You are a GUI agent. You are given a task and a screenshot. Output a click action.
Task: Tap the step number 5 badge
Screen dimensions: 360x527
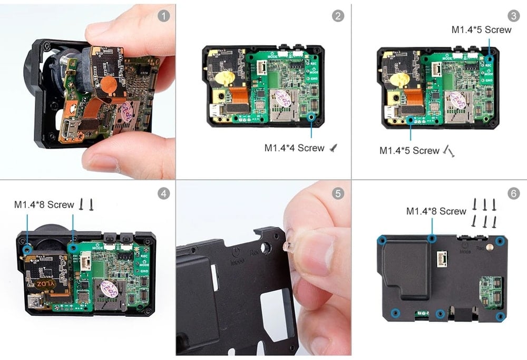338,193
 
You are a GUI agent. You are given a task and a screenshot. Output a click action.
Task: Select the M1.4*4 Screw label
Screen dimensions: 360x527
294,148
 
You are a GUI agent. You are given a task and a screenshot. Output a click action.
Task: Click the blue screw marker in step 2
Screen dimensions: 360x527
311,118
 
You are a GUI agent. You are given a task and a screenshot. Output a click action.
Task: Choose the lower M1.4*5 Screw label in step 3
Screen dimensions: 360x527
409,151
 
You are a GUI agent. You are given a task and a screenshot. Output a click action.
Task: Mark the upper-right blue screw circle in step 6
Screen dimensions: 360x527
500,241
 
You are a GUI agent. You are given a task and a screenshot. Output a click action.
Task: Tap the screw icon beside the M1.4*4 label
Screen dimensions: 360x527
333,149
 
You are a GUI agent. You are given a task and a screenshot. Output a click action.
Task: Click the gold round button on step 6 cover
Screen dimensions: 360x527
490,245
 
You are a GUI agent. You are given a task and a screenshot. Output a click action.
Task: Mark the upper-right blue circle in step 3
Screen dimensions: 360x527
489,58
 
